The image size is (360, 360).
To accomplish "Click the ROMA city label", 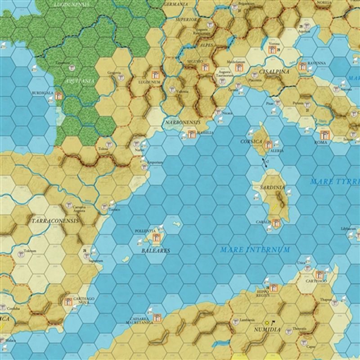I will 321,142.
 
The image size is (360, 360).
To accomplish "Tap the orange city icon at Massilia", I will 192,134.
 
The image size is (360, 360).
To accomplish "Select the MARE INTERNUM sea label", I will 255,249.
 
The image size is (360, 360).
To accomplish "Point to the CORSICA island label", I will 251,141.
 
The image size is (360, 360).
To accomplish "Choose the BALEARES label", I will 156,250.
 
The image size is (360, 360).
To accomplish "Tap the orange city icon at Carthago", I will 319,274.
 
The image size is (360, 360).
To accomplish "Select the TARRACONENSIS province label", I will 55,221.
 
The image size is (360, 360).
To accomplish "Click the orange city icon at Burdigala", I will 58,96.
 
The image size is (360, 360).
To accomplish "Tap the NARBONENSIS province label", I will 183,122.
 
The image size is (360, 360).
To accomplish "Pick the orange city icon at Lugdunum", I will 156,75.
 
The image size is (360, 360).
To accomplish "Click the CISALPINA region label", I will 274,71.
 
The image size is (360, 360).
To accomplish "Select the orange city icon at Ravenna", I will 302,66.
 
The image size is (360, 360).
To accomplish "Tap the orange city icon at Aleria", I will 269,144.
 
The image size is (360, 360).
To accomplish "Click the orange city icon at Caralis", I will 275,222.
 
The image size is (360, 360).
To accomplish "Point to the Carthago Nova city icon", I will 68,301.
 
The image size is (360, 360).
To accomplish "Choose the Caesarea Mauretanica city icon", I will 157,318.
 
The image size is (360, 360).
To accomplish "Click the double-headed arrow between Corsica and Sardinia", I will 265,162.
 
